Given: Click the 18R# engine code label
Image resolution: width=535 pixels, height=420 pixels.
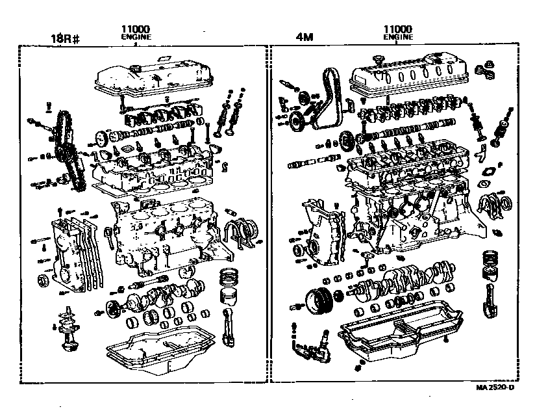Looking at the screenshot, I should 65,38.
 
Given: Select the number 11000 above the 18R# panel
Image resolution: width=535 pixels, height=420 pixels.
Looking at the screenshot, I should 136,29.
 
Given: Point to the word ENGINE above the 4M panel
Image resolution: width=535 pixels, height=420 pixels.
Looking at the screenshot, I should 399,38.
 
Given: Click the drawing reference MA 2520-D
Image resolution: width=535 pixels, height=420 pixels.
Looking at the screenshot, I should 494,388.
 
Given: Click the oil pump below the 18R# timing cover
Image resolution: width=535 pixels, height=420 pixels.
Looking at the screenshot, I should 68,332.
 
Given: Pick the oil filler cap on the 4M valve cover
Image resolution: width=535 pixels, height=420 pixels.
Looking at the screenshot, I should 378,60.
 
